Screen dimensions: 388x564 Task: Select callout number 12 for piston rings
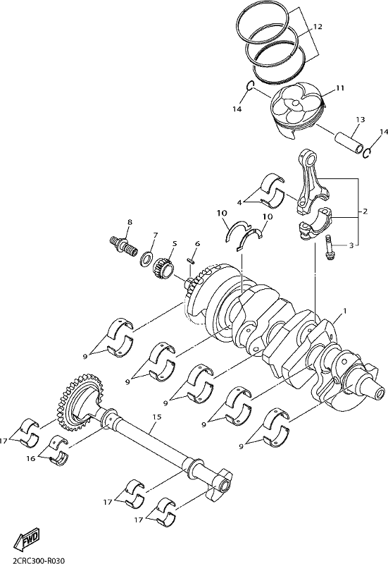318,27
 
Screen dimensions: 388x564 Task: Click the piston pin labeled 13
349,142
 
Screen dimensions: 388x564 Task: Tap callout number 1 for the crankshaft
345,310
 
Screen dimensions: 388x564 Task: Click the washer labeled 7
146,258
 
